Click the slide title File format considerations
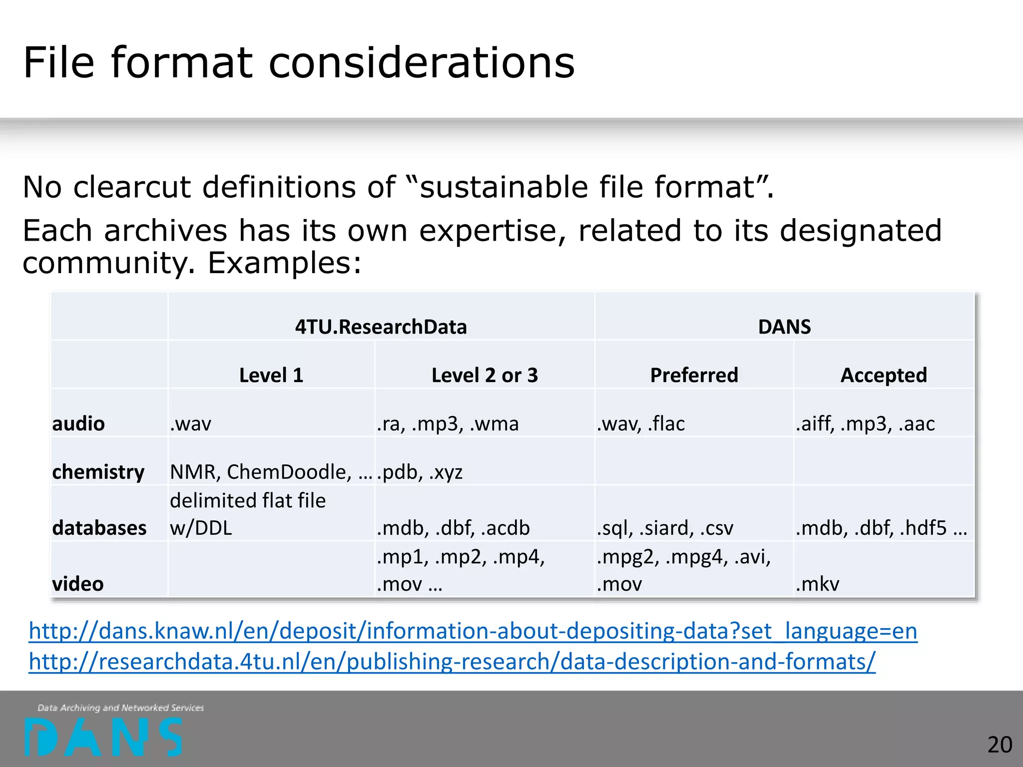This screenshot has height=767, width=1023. point(299,63)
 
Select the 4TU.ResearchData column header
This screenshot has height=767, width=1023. point(381,327)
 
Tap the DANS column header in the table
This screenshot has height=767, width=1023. point(784,327)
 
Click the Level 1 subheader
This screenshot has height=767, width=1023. point(271,376)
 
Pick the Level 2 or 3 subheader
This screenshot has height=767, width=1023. point(485,376)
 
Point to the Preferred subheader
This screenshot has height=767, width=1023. point(694,376)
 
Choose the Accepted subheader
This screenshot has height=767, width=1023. point(884,376)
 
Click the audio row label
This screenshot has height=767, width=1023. point(78,424)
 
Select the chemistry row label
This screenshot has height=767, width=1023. point(98,472)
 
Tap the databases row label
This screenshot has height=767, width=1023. point(99,528)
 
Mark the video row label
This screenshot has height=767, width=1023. point(78,584)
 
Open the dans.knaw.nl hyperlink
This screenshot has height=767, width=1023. point(473,631)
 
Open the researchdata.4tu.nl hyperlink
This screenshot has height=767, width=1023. point(452,662)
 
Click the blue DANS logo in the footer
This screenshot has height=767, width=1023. point(104,737)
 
